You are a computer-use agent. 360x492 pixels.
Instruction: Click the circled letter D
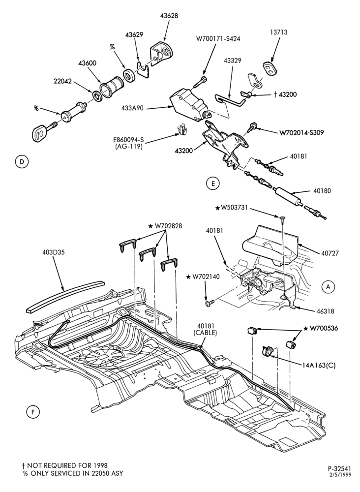[22, 161]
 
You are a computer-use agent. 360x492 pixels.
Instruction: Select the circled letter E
[213, 184]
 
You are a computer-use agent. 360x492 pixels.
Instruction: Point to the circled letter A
[329, 286]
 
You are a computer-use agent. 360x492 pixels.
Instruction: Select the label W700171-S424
[218, 39]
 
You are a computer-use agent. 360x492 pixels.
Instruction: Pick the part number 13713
[278, 32]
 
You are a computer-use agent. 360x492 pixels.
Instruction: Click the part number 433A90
[133, 108]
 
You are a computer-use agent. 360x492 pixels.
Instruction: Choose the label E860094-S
[128, 140]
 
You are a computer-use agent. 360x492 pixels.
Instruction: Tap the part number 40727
[330, 253]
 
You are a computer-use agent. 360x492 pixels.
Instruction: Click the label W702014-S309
[301, 133]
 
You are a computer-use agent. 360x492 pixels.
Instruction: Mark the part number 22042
[63, 81]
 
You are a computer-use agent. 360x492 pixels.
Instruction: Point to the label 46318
[326, 311]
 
